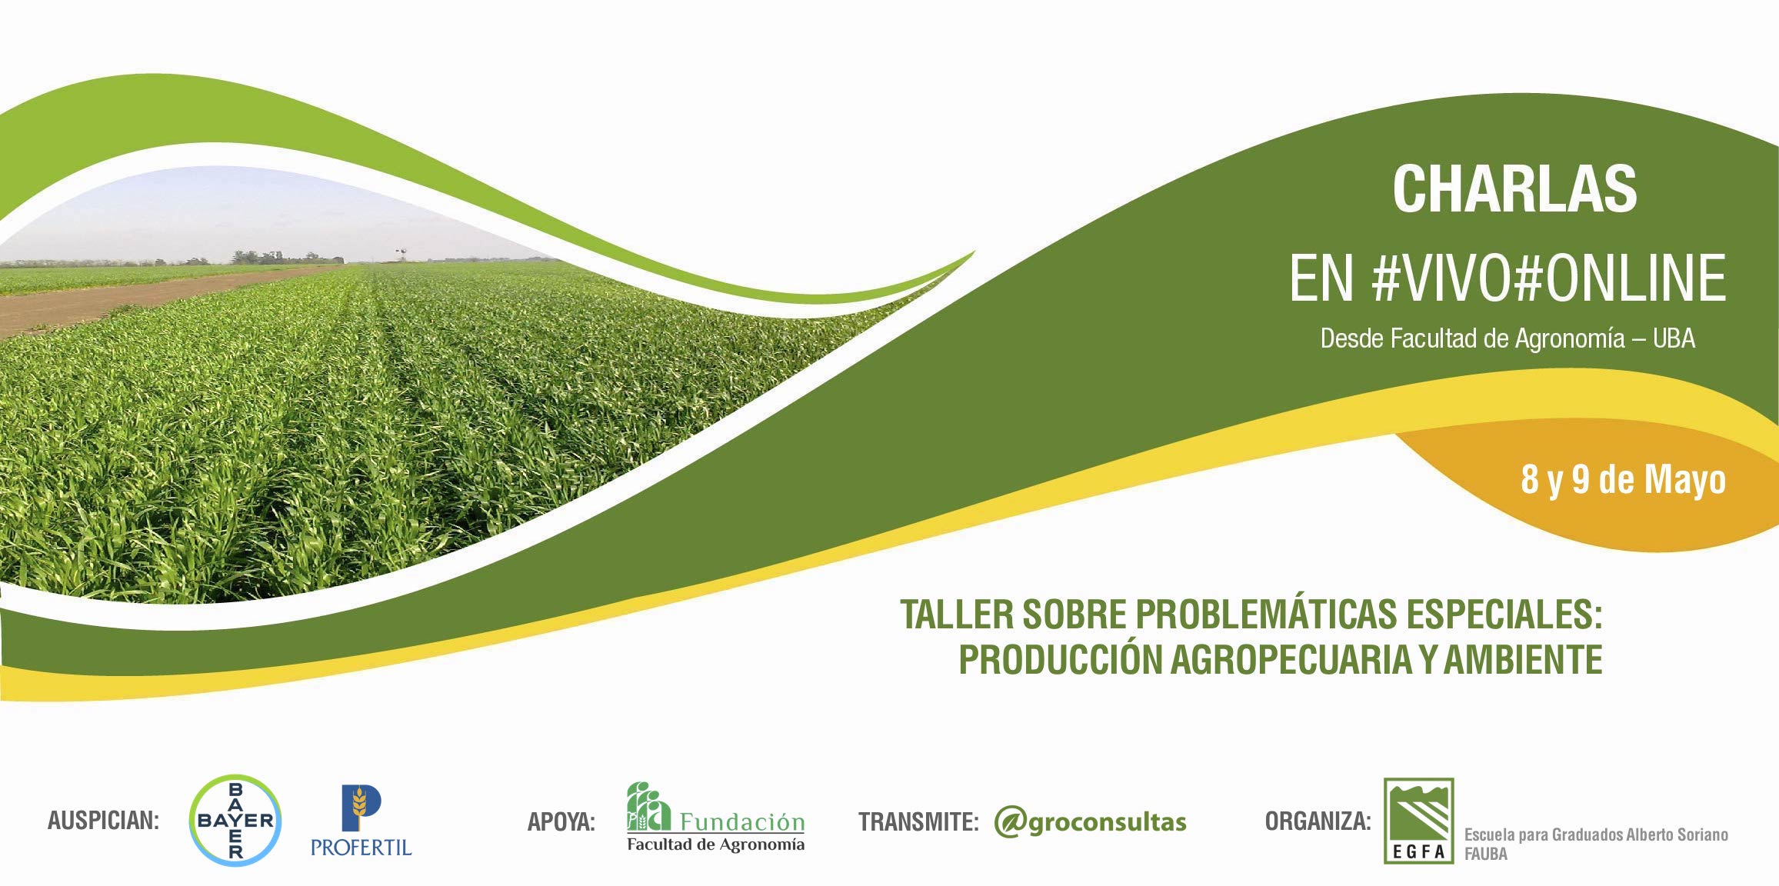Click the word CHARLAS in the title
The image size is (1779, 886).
[1514, 189]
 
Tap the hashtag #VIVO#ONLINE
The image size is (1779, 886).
[1548, 278]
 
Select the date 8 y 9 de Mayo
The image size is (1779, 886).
[1623, 480]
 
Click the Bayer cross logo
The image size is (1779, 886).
[235, 820]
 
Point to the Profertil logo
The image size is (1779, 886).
[361, 821]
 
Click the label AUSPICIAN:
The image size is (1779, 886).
[103, 821]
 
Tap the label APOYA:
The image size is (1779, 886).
[561, 822]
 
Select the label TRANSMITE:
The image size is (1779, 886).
[918, 822]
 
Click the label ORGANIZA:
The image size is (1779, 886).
[1318, 821]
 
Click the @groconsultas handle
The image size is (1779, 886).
[1090, 822]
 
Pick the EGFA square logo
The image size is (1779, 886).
[1418, 820]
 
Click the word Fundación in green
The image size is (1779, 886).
[742, 822]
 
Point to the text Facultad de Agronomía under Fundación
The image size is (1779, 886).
[715, 844]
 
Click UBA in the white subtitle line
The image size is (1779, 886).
[1674, 338]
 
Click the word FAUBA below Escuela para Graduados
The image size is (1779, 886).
[1485, 854]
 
